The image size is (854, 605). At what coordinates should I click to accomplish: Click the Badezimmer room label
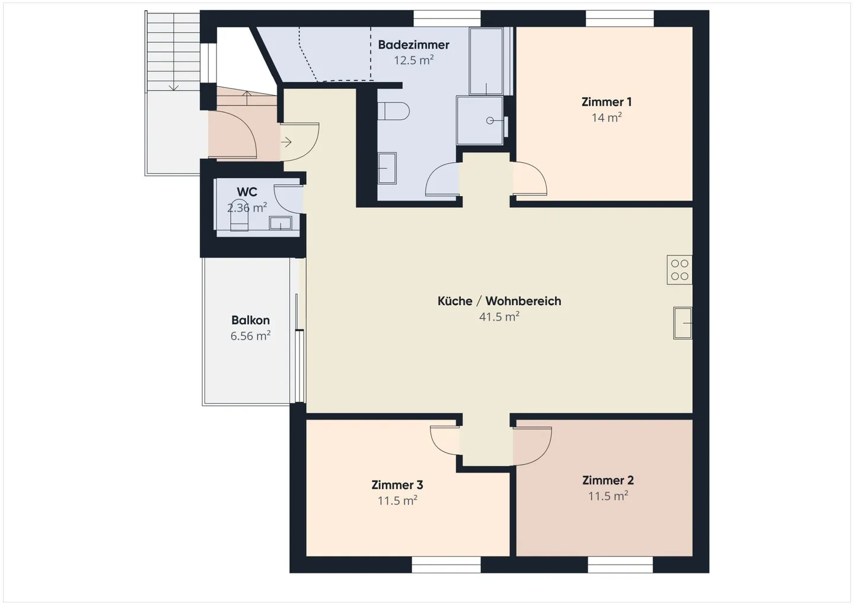(414, 45)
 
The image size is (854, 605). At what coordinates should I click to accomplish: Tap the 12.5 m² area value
(414, 61)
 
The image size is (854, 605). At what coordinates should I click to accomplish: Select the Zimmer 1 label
(607, 102)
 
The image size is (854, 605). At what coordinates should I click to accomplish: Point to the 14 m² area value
(607, 117)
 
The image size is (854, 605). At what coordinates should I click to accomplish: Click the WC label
(247, 192)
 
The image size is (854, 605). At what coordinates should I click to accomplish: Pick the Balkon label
(250, 320)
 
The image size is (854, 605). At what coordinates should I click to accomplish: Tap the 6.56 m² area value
(250, 335)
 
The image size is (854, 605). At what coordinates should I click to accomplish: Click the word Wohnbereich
(523, 301)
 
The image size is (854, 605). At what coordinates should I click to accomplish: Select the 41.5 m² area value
(499, 316)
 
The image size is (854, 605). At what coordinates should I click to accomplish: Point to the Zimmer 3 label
(397, 484)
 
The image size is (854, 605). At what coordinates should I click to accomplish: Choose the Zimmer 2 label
(608, 480)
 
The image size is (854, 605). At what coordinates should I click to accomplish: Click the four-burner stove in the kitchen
(680, 270)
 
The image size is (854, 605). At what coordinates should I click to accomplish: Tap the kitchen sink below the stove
(683, 323)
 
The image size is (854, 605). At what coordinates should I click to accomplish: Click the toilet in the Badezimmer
(393, 111)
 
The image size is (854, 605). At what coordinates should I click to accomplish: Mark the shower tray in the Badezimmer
(480, 121)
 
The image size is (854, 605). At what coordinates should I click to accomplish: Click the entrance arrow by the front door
(286, 142)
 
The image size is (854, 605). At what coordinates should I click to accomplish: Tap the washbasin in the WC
(281, 223)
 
